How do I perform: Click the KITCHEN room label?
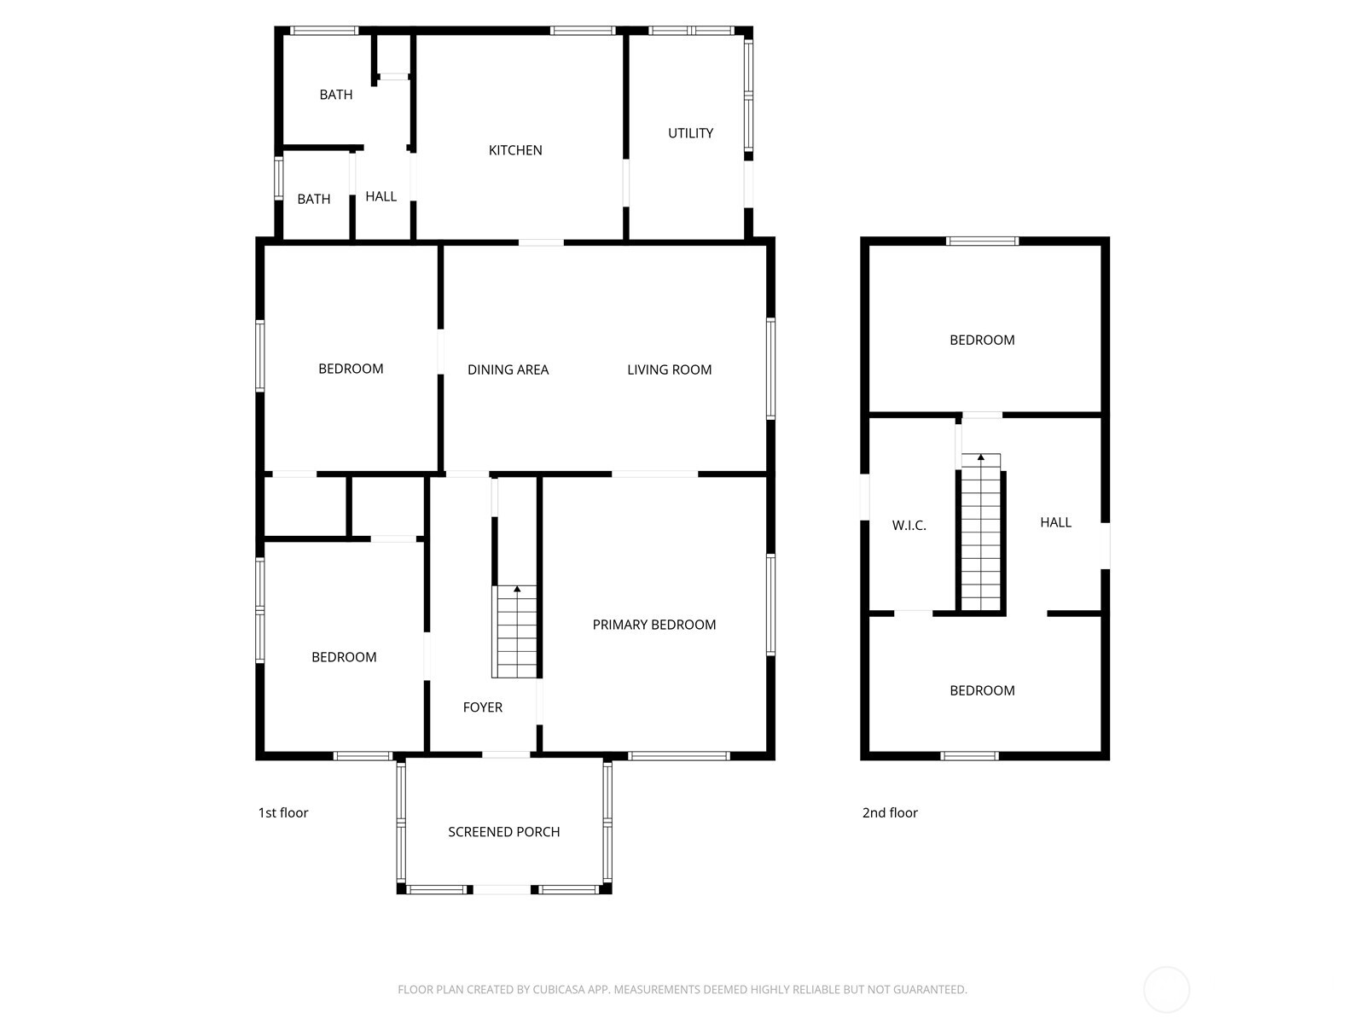tap(515, 150)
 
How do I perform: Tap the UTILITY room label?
tap(690, 133)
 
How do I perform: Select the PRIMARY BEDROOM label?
tap(654, 625)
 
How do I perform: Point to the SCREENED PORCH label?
tap(504, 832)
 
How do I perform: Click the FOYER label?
tap(483, 707)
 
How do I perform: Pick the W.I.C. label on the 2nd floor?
tap(909, 526)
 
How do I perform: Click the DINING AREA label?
tap(508, 369)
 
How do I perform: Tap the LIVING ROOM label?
tap(670, 369)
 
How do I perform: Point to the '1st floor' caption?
tap(283, 813)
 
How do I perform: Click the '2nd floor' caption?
tap(890, 813)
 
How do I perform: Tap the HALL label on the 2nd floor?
tap(1055, 522)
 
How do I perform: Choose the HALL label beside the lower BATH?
tap(380, 196)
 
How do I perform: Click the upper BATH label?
tap(336, 95)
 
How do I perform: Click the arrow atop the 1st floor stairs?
tap(517, 589)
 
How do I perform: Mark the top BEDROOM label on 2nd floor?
tap(982, 340)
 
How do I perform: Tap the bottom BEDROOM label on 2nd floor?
tap(982, 690)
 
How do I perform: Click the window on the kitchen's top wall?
tap(583, 31)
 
